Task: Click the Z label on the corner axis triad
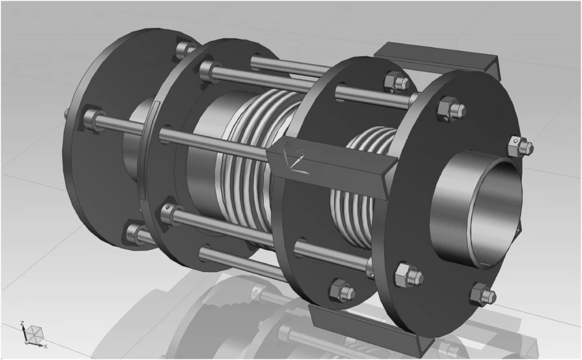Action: click(23, 323)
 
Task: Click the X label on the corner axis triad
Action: click(45, 346)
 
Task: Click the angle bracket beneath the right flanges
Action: click(362, 323)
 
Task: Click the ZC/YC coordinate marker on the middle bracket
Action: click(296, 155)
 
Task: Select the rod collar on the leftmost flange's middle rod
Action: click(92, 118)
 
